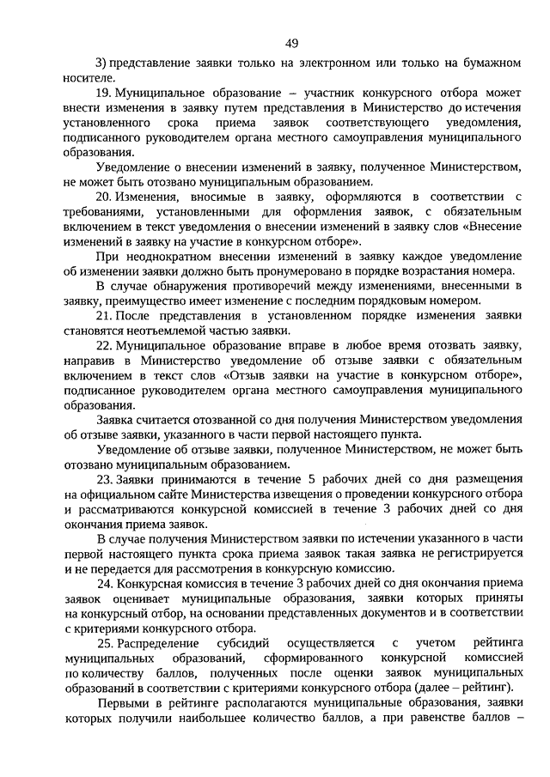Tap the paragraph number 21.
click(x=104, y=316)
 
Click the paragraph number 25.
click(x=104, y=642)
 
